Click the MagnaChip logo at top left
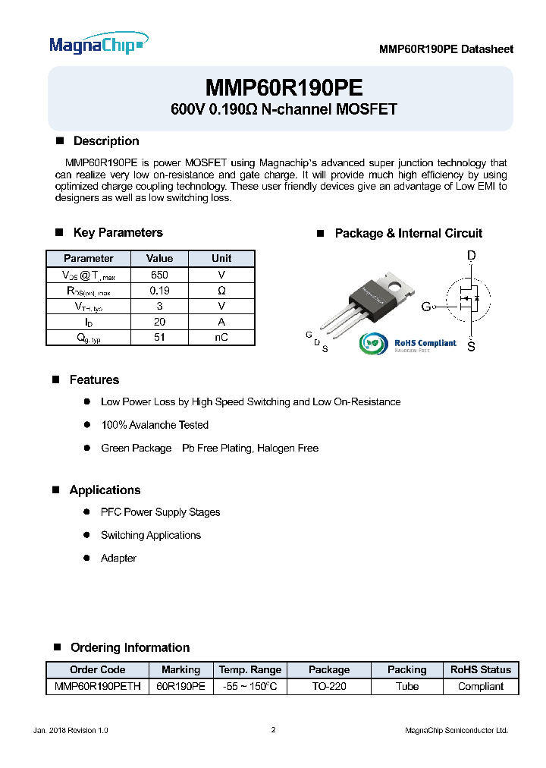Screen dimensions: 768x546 (98, 45)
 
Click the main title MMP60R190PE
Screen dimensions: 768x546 (284, 87)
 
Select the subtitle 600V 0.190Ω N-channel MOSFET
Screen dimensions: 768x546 (284, 109)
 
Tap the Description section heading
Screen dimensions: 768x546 (105, 141)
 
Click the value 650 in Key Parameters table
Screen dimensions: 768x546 (159, 275)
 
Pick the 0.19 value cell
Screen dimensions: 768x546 (159, 291)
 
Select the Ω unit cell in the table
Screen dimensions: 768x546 (221, 291)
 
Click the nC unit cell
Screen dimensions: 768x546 (221, 338)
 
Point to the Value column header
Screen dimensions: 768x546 (159, 258)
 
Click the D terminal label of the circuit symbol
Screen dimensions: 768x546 (471, 257)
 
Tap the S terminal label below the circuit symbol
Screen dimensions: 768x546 (471, 347)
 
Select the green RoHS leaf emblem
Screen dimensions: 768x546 (374, 345)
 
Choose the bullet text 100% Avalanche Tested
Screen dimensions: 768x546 (155, 425)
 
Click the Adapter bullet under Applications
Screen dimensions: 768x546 (118, 558)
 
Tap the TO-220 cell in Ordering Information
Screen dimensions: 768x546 (329, 686)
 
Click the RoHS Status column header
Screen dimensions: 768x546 (480, 669)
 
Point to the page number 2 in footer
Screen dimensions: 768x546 (273, 730)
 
